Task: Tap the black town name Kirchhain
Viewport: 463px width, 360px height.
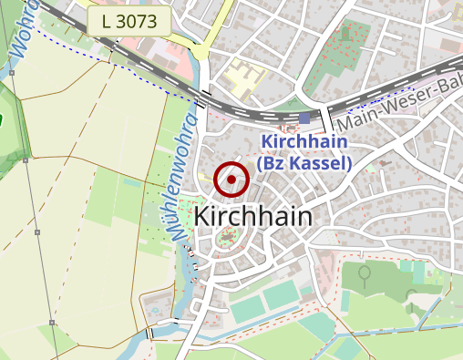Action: [252, 217]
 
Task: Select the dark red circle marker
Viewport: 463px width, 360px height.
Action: [231, 180]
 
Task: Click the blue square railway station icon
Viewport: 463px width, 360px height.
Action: [304, 118]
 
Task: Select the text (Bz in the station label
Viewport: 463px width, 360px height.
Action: [273, 163]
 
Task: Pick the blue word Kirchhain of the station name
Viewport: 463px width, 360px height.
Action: [304, 142]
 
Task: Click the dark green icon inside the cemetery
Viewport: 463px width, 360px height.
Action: [364, 273]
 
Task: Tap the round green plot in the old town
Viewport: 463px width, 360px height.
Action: [226, 241]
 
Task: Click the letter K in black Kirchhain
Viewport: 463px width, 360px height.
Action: [202, 217]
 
